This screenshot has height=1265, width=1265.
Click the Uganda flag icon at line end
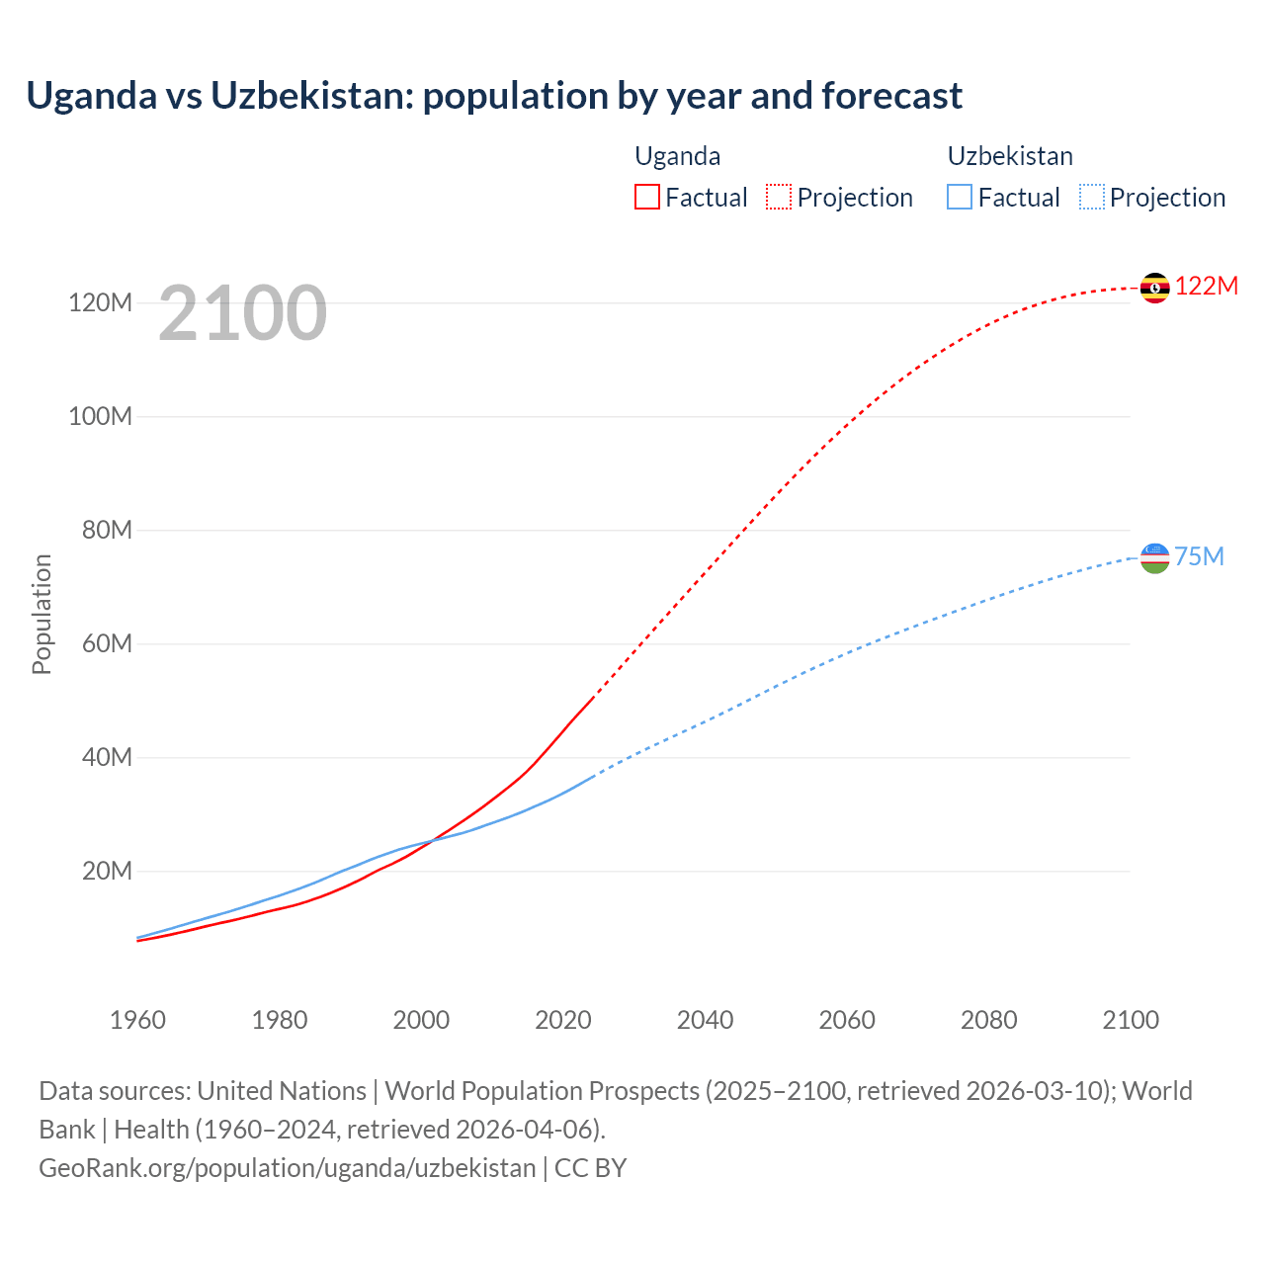click(x=1154, y=288)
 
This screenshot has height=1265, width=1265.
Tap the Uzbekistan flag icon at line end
click(x=1154, y=557)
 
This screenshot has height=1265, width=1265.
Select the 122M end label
click(x=1206, y=286)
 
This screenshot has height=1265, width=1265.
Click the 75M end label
click(x=1199, y=556)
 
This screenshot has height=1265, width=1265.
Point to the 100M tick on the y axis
click(x=100, y=416)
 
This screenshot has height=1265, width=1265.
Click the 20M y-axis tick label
click(x=107, y=871)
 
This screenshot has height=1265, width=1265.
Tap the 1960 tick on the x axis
click(x=137, y=1020)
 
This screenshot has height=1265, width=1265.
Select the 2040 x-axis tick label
click(x=705, y=1020)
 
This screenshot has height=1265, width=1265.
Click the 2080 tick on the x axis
click(x=988, y=1020)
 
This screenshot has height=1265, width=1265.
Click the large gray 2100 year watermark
click(x=242, y=313)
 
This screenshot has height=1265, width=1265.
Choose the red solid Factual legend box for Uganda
click(x=646, y=197)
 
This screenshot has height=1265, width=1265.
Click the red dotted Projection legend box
click(x=779, y=197)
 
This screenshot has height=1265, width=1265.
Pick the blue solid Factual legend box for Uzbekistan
click(x=960, y=197)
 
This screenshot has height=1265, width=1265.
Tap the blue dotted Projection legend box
click(x=1091, y=197)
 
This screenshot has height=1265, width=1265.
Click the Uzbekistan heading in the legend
click(x=1010, y=156)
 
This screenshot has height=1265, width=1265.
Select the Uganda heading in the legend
click(x=677, y=156)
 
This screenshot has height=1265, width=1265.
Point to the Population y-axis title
click(x=42, y=614)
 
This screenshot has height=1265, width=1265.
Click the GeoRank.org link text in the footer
click(x=287, y=1167)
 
